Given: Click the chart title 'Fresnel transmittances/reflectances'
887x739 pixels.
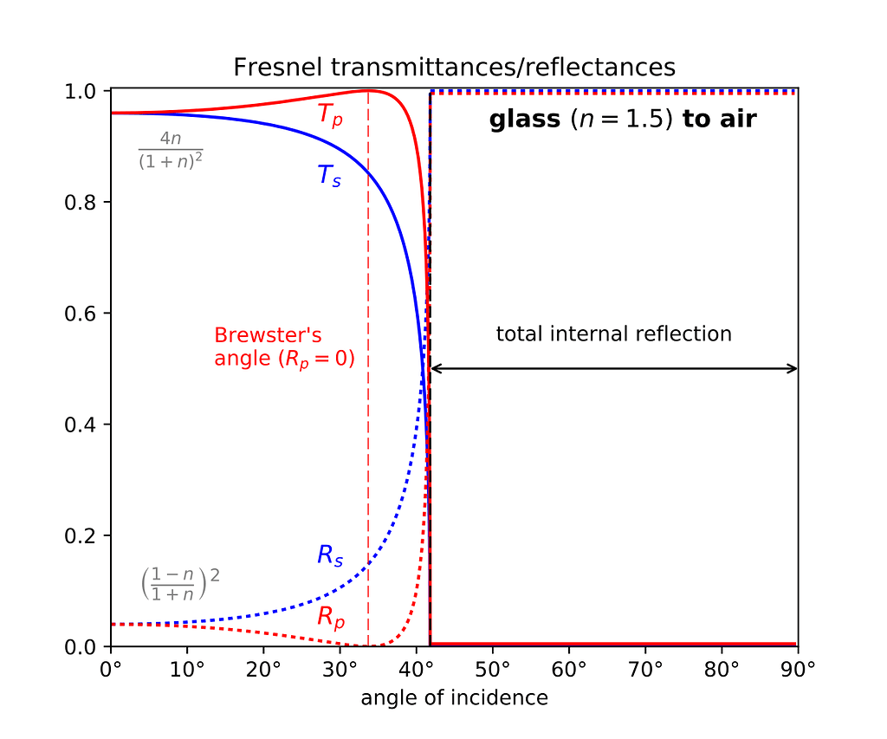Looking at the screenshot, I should click(454, 67).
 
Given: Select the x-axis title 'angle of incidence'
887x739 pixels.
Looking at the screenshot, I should click(454, 697).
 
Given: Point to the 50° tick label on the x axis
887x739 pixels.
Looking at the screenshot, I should click(492, 669).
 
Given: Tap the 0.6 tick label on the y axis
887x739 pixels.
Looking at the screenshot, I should click(81, 313).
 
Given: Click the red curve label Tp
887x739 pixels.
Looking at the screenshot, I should click(330, 116).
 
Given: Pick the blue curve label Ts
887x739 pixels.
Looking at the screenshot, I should click(329, 176).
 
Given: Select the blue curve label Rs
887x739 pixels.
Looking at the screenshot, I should click(329, 555).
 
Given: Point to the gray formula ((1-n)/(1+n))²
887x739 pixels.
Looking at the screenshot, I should click(179, 583).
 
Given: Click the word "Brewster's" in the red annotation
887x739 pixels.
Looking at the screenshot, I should click(257, 335).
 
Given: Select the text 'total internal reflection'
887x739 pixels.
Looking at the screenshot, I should click(613, 334).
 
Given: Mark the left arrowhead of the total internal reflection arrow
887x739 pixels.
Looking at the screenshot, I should click(434, 368).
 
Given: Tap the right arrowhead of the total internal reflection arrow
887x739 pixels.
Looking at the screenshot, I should click(793, 368).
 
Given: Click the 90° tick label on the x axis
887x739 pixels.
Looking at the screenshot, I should click(797, 669).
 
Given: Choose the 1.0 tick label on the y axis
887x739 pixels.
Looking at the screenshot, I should click(81, 91).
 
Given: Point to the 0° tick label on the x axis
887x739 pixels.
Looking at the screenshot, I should click(111, 669).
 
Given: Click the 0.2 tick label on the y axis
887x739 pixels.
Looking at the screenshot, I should click(81, 535).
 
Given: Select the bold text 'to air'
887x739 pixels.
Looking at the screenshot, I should click(720, 120).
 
